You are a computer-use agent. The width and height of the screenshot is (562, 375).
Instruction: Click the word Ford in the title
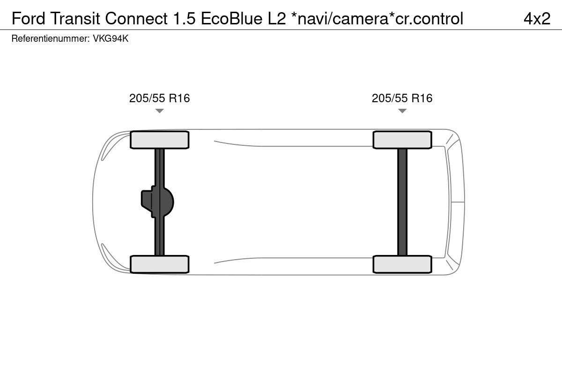[x=29, y=19]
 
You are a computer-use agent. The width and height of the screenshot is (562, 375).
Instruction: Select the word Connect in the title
[x=136, y=19]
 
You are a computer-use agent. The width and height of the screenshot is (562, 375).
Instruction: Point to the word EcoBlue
[x=231, y=19]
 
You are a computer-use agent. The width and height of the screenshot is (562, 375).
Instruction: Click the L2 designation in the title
[x=277, y=19]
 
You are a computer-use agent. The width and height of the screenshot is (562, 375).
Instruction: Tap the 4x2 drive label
[x=537, y=19]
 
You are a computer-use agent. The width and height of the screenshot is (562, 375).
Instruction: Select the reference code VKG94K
[x=111, y=39]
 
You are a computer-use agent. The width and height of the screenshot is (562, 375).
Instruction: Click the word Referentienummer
[x=51, y=39]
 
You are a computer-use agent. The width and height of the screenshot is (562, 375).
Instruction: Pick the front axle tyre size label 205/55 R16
[x=160, y=98]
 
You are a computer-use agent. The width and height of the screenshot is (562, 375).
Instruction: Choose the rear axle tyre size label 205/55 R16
[x=402, y=98]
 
